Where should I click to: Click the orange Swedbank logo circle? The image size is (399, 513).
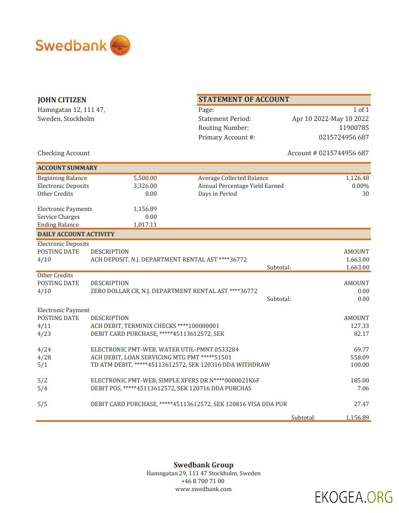click(120, 45)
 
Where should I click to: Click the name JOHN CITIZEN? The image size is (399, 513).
click(62, 100)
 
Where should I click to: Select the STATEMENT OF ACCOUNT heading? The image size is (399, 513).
click(244, 100)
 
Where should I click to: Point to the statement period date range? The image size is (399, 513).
click(330, 119)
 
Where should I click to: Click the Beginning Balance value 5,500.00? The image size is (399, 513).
click(145, 178)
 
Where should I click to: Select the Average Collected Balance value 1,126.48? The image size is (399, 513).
click(357, 178)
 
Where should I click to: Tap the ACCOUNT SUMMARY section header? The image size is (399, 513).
click(68, 168)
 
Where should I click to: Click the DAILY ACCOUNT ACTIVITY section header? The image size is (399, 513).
click(76, 234)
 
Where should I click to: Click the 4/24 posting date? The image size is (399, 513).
click(44, 349)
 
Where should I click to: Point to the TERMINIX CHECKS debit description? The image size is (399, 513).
click(155, 326)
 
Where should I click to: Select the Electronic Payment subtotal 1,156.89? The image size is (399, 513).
click(357, 417)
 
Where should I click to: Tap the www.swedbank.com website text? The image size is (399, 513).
click(203, 489)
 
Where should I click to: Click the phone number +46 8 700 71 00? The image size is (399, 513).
click(203, 481)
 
